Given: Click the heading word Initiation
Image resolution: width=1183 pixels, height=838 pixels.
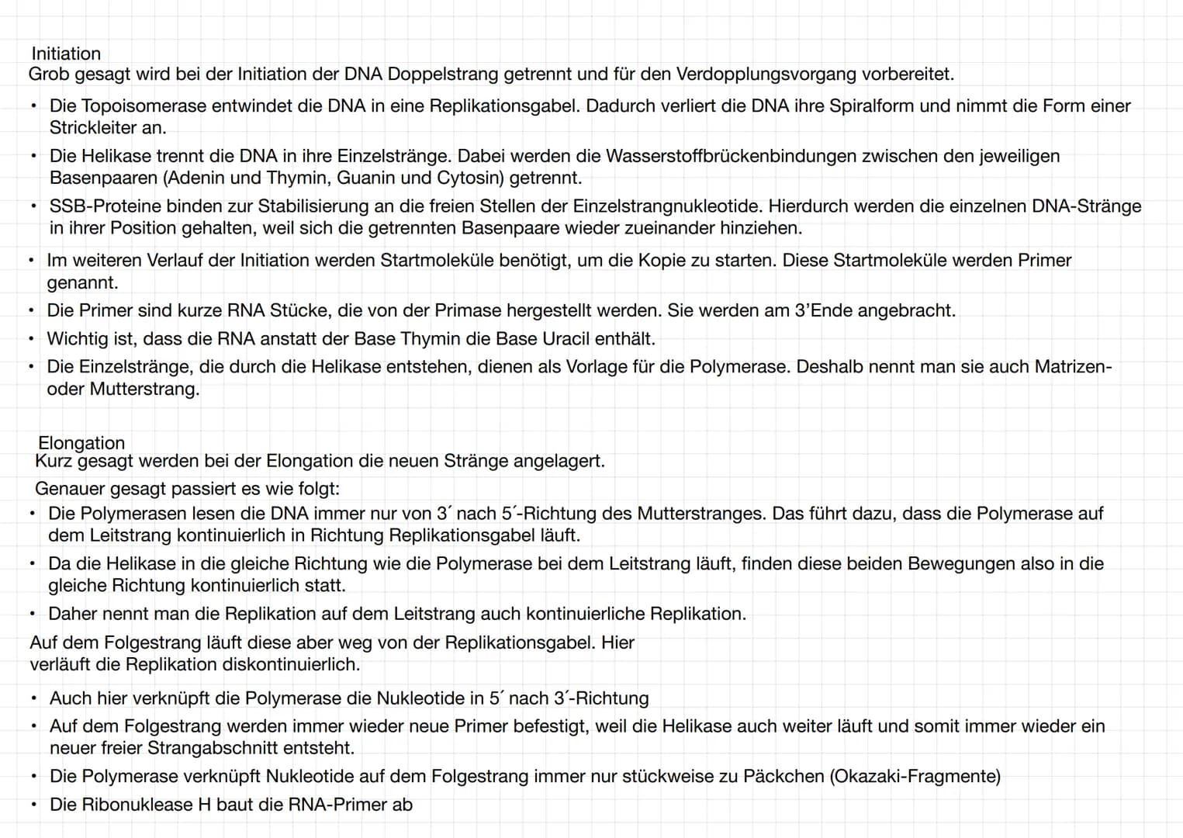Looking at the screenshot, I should click(x=66, y=54).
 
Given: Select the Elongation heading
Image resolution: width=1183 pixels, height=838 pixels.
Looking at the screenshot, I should click(x=81, y=443).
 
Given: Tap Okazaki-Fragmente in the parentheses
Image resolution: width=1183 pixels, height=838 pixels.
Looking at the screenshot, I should click(x=915, y=776).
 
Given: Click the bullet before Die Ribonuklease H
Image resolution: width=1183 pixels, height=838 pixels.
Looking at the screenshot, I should click(x=34, y=805).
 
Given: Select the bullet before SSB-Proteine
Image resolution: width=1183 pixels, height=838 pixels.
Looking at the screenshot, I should click(x=34, y=206).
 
